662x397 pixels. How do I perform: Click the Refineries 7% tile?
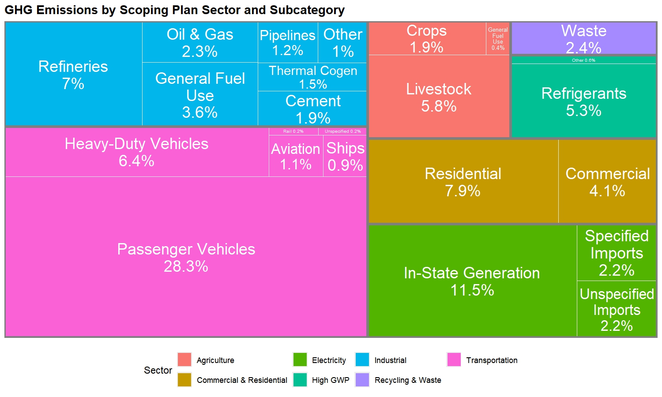pos(73,75)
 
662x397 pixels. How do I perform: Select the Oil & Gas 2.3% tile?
pos(200,43)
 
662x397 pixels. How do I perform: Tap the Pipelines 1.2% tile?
pos(288,43)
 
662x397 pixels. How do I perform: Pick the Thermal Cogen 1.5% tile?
pos(312,77)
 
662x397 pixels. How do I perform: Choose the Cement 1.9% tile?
pos(312,109)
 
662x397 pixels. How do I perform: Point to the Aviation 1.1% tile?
pos(296,156)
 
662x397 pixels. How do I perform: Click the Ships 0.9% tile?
pos(345,156)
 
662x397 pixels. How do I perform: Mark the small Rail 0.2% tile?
pos(293,131)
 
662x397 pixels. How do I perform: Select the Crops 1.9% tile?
pos(427,39)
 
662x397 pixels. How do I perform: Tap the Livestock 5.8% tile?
pos(439,97)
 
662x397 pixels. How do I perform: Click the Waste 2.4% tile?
pos(583,38)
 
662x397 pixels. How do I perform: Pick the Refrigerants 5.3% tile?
pos(583,101)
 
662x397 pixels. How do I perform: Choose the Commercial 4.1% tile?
pos(607,182)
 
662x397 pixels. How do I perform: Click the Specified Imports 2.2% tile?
pos(617,253)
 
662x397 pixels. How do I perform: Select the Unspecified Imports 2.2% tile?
pos(617,309)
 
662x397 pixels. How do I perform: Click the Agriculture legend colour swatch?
pos(184,360)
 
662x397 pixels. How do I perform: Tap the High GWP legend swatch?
pos(300,380)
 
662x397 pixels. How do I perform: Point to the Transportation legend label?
pos(492,360)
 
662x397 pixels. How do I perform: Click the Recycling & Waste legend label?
pos(408,380)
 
